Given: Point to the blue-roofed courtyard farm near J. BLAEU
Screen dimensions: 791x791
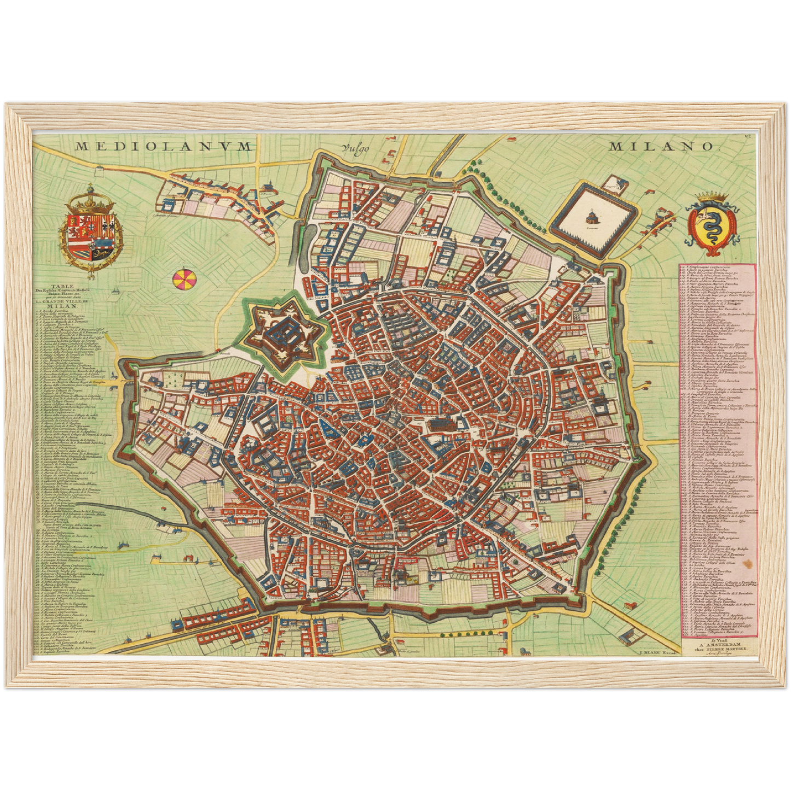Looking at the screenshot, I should (629, 635).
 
